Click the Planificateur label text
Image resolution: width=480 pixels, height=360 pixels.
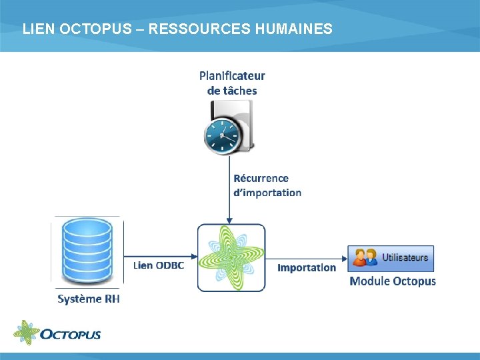[232, 76]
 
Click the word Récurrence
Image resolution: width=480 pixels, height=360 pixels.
[261, 178]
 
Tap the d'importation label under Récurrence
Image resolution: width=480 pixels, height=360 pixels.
[267, 193]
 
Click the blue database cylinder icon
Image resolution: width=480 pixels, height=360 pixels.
[86, 252]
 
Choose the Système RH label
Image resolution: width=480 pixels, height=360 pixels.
[89, 299]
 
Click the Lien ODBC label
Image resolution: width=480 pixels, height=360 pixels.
[159, 265]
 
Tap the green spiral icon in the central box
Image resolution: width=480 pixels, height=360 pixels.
[231, 257]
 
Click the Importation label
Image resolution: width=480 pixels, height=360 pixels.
[307, 267]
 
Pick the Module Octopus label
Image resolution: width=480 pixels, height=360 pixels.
[393, 281]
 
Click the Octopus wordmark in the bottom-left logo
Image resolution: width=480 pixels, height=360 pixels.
[71, 333]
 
